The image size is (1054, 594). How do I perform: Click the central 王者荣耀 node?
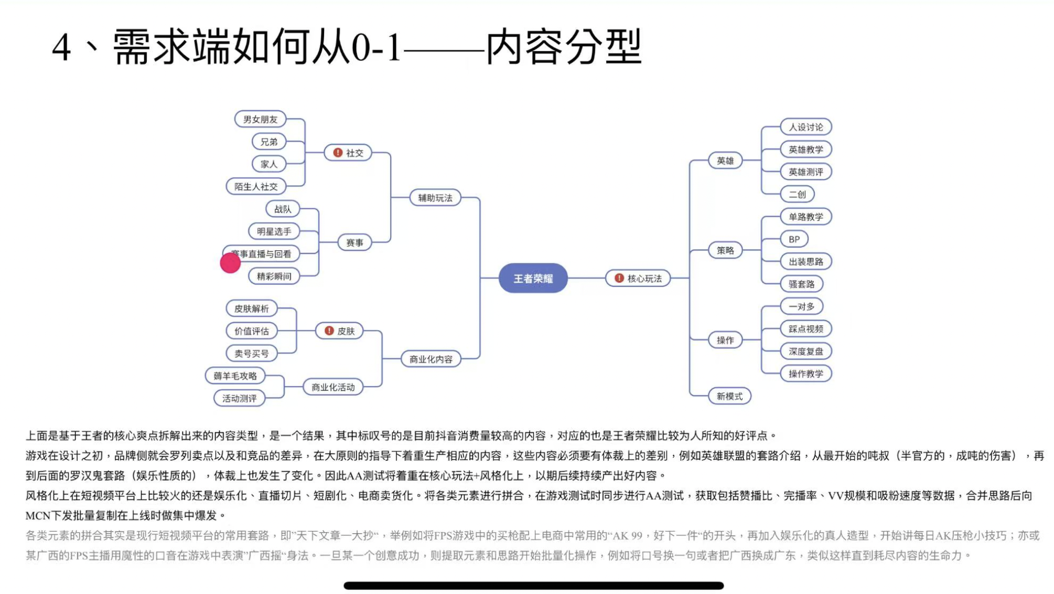tap(533, 278)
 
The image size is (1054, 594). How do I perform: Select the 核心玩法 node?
tap(638, 278)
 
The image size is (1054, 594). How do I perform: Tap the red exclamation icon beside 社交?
tap(338, 152)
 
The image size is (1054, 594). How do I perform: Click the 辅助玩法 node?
tap(435, 198)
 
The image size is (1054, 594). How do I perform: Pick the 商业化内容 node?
tap(431, 359)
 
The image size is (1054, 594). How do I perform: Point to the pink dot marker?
tap(230, 263)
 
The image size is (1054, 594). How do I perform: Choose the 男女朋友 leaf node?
tap(260, 119)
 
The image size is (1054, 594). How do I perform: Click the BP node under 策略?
tap(794, 239)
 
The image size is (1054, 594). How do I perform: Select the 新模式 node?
tap(729, 396)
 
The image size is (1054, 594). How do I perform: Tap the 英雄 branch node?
tap(725, 161)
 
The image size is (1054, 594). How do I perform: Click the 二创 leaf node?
tap(797, 194)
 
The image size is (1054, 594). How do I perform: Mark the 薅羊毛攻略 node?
tap(235, 376)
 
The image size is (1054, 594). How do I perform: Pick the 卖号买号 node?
tap(252, 354)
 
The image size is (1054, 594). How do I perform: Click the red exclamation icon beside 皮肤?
tap(329, 331)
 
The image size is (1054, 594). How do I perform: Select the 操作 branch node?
tap(725, 340)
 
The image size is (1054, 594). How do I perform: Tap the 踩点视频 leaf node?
tap(805, 329)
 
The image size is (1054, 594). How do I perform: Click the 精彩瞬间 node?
tap(274, 276)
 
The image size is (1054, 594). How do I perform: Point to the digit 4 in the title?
tap(61, 47)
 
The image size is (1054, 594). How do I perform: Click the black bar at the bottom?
tap(533, 585)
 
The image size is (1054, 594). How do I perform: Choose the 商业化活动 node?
tap(333, 387)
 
